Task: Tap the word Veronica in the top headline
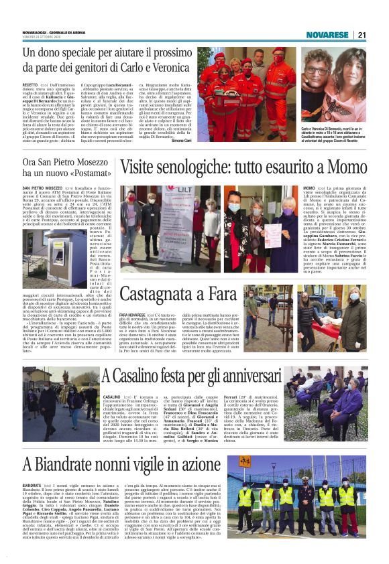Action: pos(169,68)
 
